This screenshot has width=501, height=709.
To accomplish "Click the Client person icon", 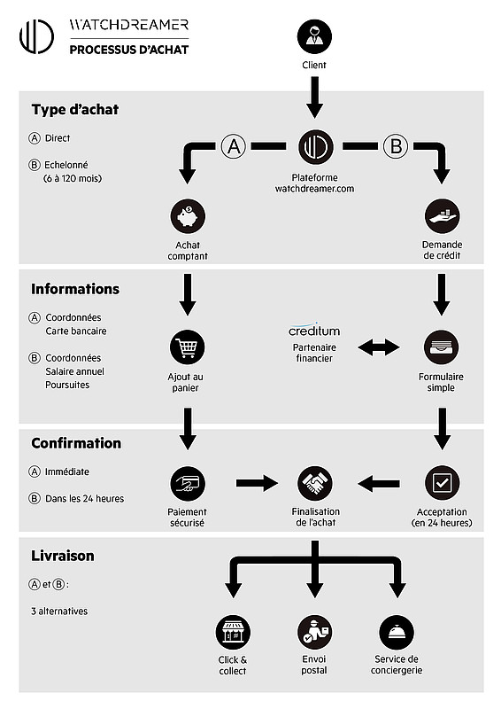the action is coord(314,36).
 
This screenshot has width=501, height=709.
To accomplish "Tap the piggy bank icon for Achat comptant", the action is coord(188,216).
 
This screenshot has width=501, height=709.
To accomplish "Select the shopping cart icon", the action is coord(187,347).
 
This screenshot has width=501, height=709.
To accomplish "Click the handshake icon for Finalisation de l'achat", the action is coord(315,483).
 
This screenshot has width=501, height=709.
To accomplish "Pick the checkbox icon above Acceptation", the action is coord(443,483).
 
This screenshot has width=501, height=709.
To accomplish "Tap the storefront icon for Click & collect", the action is coord(233,632).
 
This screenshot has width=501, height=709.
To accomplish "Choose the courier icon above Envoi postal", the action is coord(314,632).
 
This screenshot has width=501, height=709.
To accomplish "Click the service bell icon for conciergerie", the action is coord(397,632).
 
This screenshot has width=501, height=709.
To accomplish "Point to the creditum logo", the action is coord(314,330).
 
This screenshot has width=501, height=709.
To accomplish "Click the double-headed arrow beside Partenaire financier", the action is coord(379,347).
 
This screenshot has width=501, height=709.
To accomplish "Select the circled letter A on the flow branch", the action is coord(234,146).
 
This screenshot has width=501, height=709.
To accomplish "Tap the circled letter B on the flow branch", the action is coord(396,146).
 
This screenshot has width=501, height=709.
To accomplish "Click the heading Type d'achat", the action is coord(75,109).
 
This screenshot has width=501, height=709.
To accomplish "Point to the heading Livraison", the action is coord(62,556).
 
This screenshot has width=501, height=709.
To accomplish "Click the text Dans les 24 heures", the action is coord(84,498).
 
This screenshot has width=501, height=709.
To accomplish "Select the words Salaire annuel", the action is coord(74,371).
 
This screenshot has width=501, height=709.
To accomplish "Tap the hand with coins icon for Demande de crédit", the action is coord(443,216).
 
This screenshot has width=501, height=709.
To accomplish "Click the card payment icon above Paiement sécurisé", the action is coord(188,483).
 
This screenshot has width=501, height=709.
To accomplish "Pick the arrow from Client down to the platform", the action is coord(314,97).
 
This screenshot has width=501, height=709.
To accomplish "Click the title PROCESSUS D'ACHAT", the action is coord(128,50).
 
